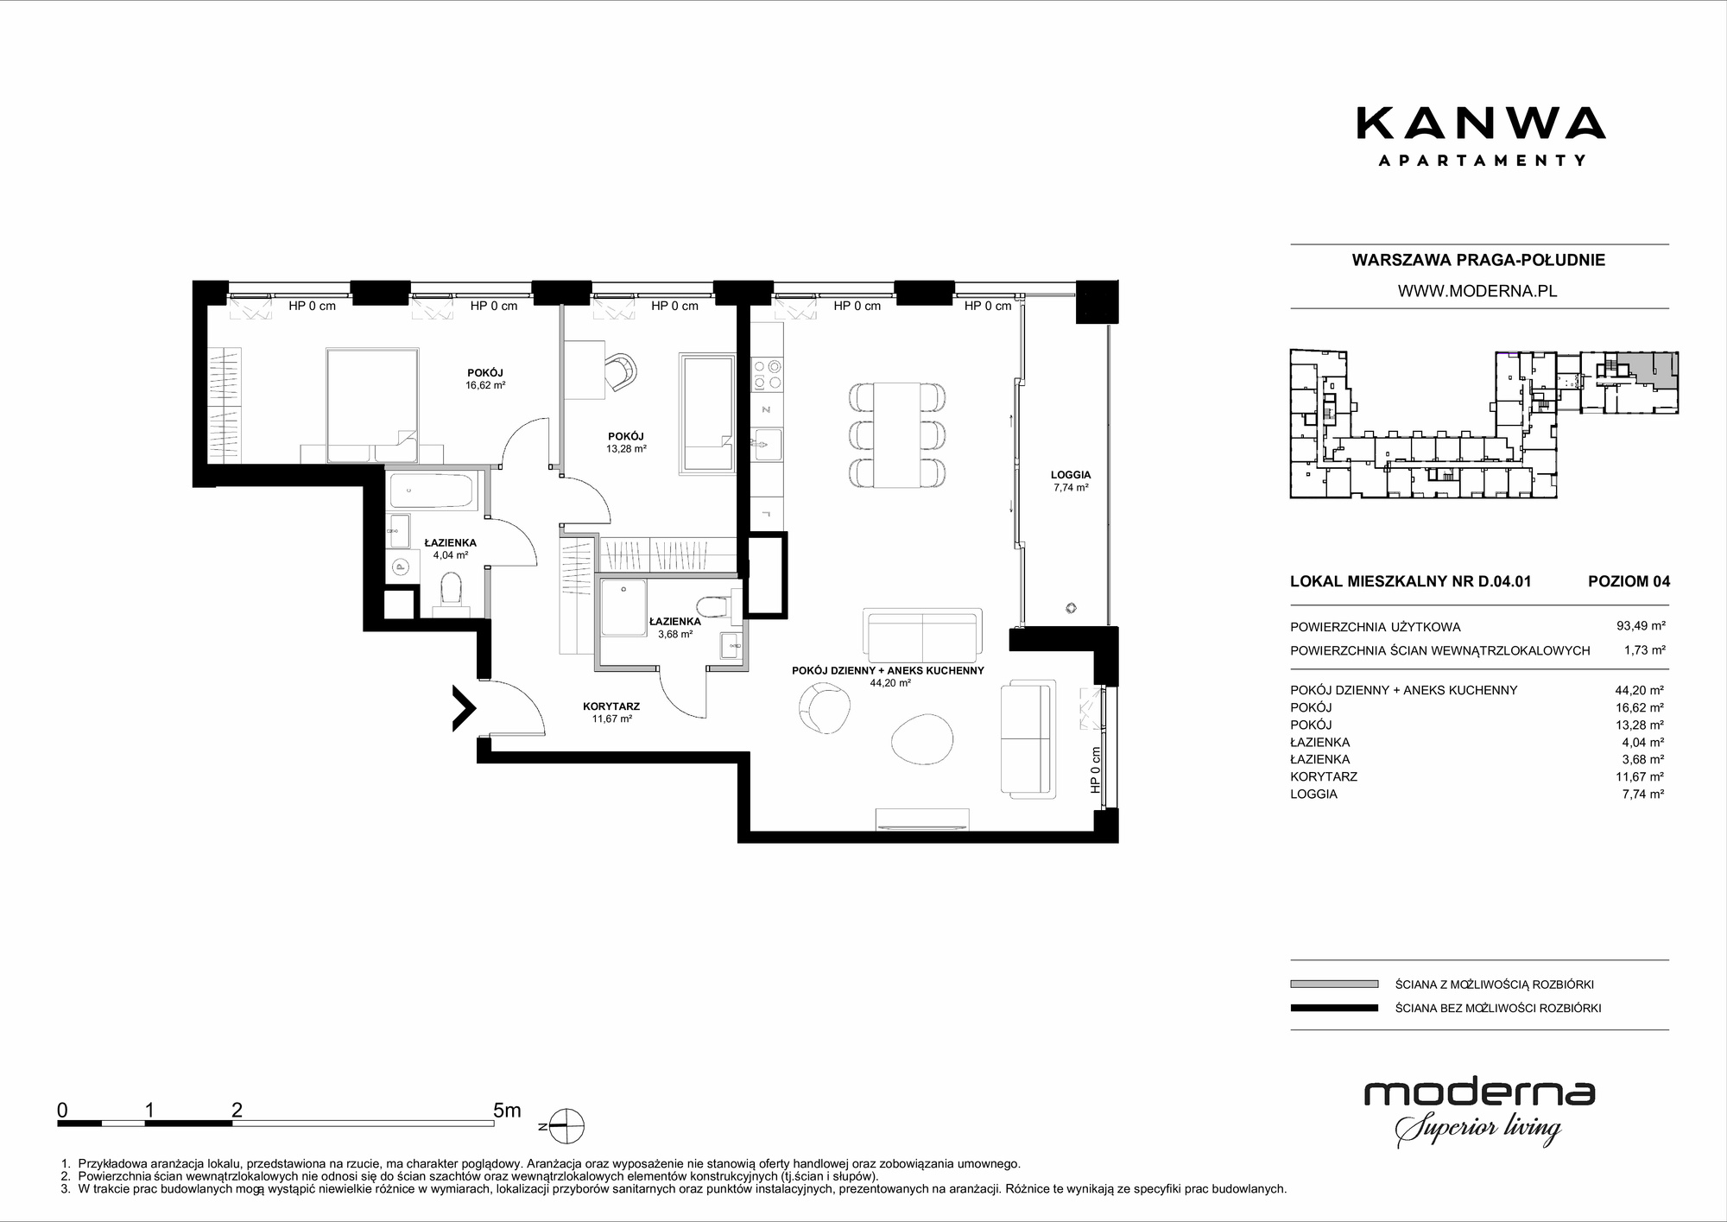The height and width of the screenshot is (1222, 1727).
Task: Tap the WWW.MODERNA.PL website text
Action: (x=1477, y=291)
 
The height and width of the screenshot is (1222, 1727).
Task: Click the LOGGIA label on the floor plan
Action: (x=1070, y=475)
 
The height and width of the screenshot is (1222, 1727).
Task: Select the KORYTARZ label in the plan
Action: (x=611, y=706)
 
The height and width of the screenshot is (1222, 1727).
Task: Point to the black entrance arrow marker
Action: (x=465, y=708)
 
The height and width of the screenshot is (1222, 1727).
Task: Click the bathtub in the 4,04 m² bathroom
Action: (x=432, y=491)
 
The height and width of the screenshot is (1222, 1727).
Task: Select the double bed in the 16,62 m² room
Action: (x=372, y=404)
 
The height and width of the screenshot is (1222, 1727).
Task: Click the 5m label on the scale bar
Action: (x=507, y=1110)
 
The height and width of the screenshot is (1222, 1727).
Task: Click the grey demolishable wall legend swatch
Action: (x=1334, y=984)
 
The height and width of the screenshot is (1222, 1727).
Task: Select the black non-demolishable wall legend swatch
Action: (x=1334, y=1008)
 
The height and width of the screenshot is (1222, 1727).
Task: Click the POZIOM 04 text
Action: (x=1629, y=581)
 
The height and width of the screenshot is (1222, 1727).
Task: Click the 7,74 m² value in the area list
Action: (x=1644, y=794)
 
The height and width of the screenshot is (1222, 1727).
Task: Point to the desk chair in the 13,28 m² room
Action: (x=622, y=370)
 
